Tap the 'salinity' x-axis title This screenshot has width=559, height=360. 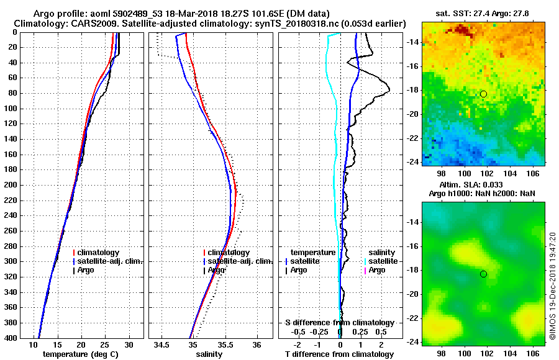(x=209, y=354)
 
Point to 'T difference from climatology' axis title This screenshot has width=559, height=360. (x=339, y=354)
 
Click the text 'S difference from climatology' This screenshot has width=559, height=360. (x=339, y=323)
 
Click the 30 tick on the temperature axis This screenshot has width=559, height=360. (x=129, y=345)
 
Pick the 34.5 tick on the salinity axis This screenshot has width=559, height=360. (x=163, y=345)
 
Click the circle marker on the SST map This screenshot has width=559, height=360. (x=483, y=94)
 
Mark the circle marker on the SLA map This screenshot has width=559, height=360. (x=483, y=274)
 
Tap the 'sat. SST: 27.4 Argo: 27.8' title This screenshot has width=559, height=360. (x=483, y=13)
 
